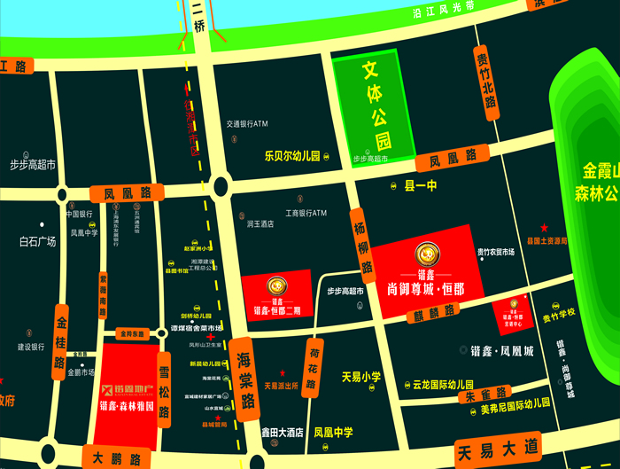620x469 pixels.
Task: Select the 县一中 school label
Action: coord(421,186)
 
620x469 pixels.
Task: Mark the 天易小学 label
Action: coord(361,377)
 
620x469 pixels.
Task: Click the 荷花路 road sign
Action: coord(312,368)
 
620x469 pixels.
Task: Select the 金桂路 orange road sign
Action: coord(61,338)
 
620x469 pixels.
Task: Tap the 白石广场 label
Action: coord(37,241)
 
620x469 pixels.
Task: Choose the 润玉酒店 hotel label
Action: coord(260,224)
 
